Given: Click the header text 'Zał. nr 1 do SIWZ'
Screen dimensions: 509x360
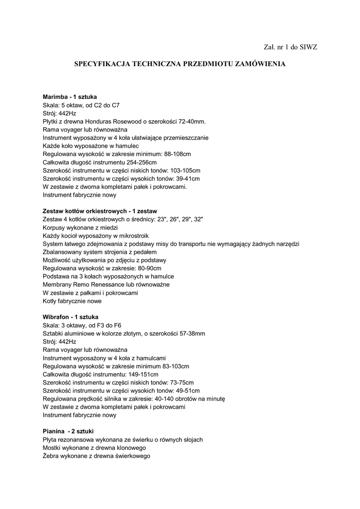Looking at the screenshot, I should tap(290, 47).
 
